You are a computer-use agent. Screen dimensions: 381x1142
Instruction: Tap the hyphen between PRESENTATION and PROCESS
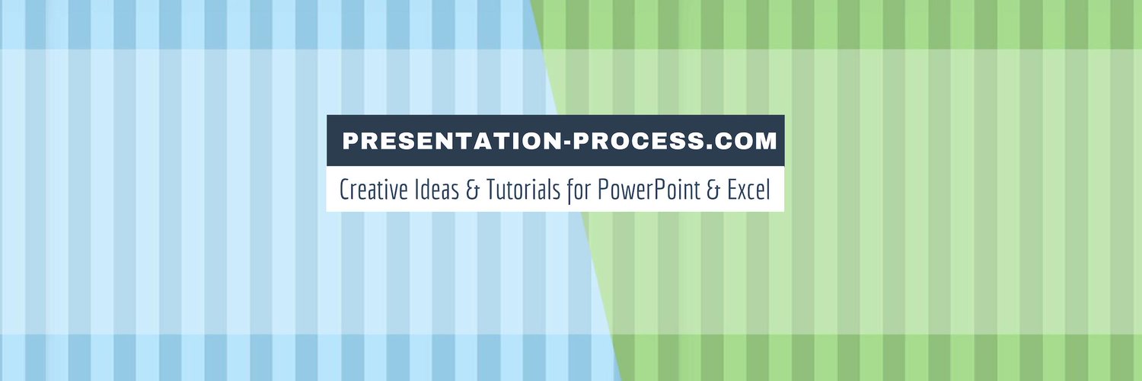pyautogui.click(x=564, y=142)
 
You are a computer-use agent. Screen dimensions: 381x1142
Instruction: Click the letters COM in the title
pyautogui.click(x=739, y=141)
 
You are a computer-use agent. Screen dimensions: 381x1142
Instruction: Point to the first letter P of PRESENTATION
pyautogui.click(x=349, y=141)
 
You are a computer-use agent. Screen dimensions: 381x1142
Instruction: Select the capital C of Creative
pyautogui.click(x=344, y=189)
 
